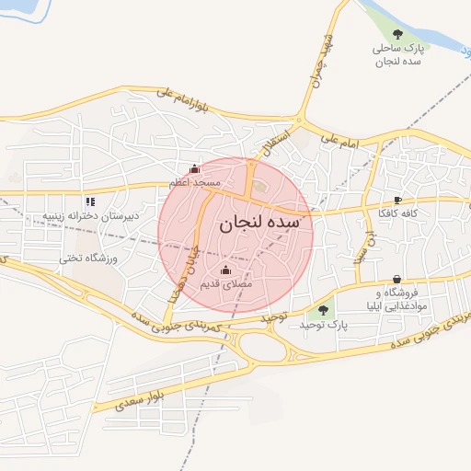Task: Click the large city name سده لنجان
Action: tap(260, 224)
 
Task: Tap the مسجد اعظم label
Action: tap(194, 183)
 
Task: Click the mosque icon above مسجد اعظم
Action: tap(194, 169)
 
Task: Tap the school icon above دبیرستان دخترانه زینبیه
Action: tap(90, 201)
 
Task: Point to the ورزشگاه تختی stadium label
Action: tap(85, 258)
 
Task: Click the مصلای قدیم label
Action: tap(226, 284)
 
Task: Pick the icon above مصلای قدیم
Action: tap(226, 270)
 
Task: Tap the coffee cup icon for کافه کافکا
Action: tap(397, 200)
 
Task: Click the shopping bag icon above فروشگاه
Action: tap(396, 279)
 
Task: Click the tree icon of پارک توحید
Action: tap(323, 311)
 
